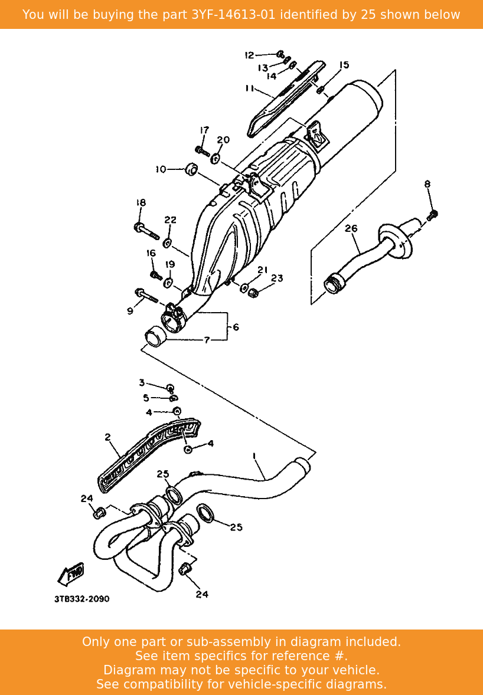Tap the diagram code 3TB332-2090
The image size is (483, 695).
click(x=81, y=599)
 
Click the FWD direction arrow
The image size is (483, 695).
click(x=70, y=573)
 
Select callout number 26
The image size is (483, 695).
click(x=351, y=228)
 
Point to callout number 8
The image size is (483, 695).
click(x=427, y=184)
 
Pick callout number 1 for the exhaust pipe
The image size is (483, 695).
click(x=254, y=456)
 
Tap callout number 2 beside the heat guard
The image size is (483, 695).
click(x=107, y=437)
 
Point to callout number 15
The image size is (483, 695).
click(x=344, y=65)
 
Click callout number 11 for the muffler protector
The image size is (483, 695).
click(x=249, y=88)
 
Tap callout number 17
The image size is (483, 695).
click(x=204, y=130)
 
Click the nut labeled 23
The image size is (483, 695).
click(x=253, y=292)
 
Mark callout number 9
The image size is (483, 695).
click(x=130, y=311)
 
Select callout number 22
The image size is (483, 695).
click(x=170, y=220)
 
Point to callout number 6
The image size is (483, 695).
click(x=236, y=327)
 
